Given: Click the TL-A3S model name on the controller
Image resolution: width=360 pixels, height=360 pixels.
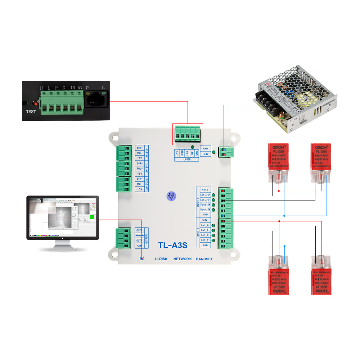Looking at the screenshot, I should click(x=173, y=245).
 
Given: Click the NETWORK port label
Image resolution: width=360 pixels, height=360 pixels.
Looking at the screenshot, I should click(x=183, y=259).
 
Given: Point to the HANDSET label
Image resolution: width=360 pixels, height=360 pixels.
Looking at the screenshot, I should click(x=204, y=259).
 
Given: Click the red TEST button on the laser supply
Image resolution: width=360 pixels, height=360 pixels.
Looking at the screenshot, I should click(x=35, y=103).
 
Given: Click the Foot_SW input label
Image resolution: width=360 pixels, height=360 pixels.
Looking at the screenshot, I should click(x=205, y=204).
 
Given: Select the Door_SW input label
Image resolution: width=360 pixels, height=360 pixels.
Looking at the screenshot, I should click(x=205, y=210).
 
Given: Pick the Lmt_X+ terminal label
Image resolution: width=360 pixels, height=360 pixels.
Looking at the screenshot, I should click(x=205, y=225).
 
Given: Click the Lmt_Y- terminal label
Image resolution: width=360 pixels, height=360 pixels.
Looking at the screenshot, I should click(x=205, y=240).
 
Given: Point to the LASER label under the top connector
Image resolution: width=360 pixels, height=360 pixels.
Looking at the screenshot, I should click(x=187, y=159).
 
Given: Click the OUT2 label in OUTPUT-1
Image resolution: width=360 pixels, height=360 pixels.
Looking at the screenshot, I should click(x=139, y=230).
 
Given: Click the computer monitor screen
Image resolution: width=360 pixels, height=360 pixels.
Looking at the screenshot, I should click(x=62, y=217).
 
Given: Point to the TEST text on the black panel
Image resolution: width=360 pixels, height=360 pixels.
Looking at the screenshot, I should click(x=31, y=112).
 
